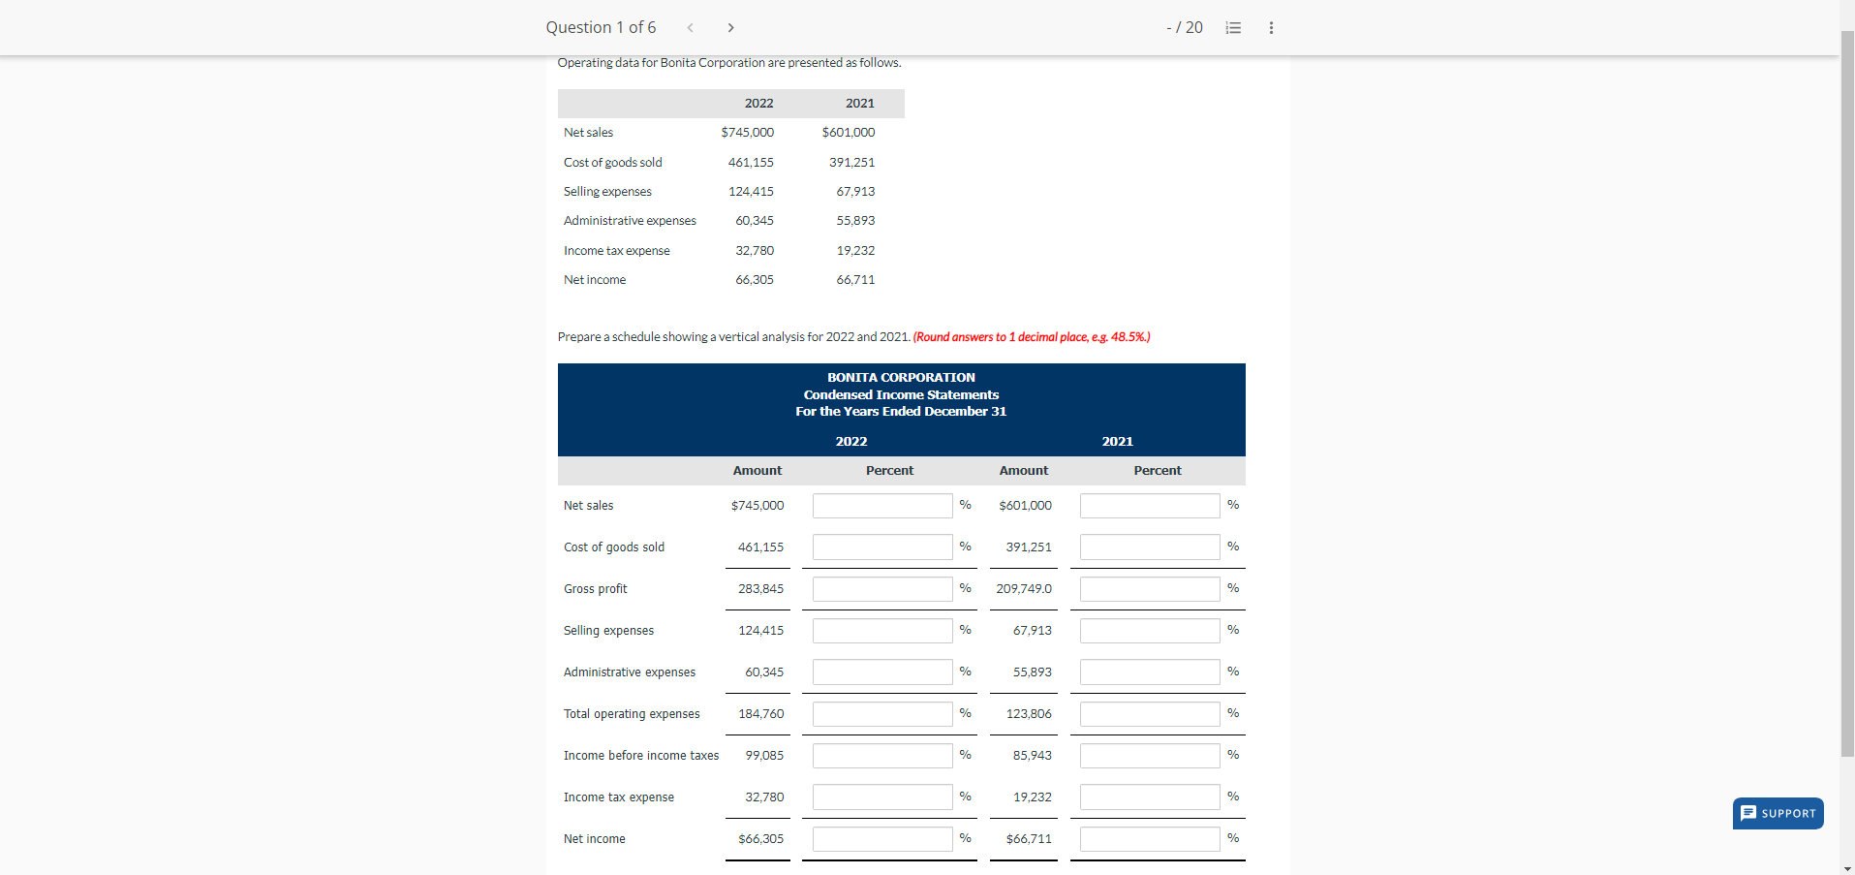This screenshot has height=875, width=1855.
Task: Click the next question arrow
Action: (x=730, y=27)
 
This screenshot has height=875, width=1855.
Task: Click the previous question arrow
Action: (x=690, y=27)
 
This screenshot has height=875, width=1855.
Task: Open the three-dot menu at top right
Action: (x=1271, y=27)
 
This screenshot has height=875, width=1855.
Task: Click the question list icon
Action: (x=1233, y=27)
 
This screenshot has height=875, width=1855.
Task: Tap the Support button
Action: (x=1778, y=813)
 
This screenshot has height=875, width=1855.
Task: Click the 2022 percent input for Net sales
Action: (x=881, y=505)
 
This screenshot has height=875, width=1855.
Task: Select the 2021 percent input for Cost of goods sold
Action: (x=1149, y=547)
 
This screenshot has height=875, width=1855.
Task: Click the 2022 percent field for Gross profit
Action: (x=881, y=588)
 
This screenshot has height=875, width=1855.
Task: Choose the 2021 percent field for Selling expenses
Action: (x=1149, y=630)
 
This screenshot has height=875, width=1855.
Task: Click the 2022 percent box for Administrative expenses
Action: (x=881, y=672)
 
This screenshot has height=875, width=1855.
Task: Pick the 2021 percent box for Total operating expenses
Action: (x=1149, y=713)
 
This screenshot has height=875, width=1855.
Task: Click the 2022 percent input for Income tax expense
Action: (x=881, y=797)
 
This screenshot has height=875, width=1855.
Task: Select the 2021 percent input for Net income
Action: (x=1149, y=838)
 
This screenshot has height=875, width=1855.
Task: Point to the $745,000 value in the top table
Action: (x=747, y=132)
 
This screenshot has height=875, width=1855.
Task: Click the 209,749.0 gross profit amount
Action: (x=1023, y=588)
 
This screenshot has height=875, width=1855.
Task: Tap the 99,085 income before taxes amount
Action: (x=764, y=755)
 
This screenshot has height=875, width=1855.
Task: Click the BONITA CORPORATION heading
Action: (x=901, y=377)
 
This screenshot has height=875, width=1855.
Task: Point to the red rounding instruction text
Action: (x=1032, y=336)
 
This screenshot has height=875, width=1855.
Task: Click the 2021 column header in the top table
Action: (x=859, y=103)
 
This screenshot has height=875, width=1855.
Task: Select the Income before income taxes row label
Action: (x=640, y=755)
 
